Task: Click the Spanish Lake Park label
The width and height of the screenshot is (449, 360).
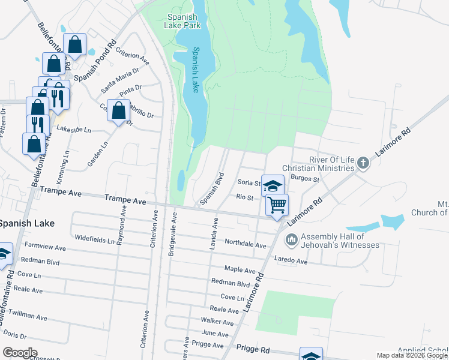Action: point(184,21)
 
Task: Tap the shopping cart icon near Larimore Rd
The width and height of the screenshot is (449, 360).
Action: point(277,205)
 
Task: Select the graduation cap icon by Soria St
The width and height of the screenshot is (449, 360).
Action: point(273,186)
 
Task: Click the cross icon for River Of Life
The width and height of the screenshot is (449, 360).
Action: point(362,163)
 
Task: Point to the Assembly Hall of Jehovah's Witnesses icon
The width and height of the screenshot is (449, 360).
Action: point(292,241)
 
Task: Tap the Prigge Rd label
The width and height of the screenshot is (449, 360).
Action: point(253,348)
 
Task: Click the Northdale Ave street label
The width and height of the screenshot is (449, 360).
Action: point(245,245)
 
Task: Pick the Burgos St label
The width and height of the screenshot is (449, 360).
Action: point(301,178)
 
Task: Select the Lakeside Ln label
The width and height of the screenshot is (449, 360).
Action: point(74,129)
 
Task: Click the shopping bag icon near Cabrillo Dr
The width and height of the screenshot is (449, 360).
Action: point(119,111)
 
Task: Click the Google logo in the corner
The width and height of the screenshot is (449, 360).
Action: point(20,352)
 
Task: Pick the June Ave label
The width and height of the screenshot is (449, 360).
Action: point(215,333)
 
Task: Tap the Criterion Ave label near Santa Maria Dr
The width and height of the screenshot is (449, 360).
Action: point(133,56)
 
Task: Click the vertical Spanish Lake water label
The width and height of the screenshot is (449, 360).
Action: point(195,70)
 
